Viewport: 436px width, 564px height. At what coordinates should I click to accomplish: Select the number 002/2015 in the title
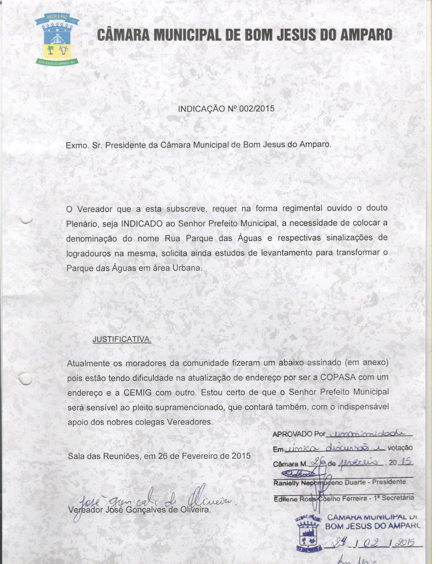point(257,109)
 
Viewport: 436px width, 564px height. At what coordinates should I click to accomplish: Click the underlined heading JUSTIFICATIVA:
point(122,339)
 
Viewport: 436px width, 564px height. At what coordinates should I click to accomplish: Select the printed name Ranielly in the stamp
point(286,483)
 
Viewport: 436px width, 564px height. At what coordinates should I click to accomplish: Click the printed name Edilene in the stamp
point(286,499)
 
